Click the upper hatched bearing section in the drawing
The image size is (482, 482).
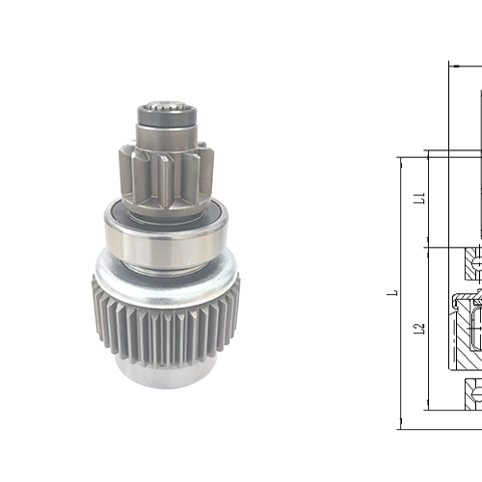coord(472,258)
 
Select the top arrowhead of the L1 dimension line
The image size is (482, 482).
coord(428,156)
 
